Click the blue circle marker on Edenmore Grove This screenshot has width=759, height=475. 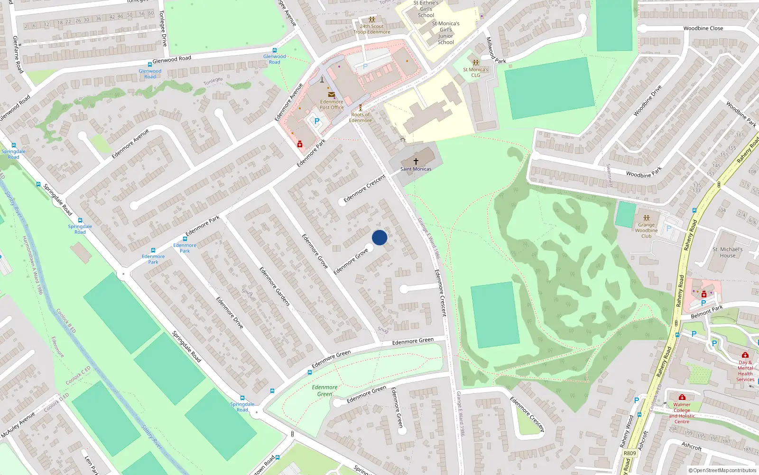pyautogui.click(x=379, y=237)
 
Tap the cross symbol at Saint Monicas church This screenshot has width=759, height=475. pyautogui.click(x=416, y=162)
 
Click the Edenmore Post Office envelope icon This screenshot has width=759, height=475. pyautogui.click(x=332, y=95)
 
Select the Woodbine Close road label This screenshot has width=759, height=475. pyautogui.click(x=703, y=28)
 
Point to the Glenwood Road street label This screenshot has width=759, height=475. pyautogui.click(x=172, y=59)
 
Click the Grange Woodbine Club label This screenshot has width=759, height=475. pyautogui.click(x=646, y=230)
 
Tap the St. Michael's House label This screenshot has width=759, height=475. pyautogui.click(x=728, y=252)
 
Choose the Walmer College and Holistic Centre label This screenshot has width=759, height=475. pyautogui.click(x=682, y=413)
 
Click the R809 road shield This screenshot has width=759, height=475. pyautogui.click(x=630, y=453)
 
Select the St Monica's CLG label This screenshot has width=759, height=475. pyautogui.click(x=476, y=72)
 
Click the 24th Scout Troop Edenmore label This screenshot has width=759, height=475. pyautogui.click(x=372, y=29)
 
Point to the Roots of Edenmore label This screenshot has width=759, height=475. pyautogui.click(x=361, y=117)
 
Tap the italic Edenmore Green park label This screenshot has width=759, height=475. pyautogui.click(x=324, y=390)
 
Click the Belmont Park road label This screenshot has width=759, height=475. pyautogui.click(x=707, y=312)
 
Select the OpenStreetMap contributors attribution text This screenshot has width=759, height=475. pyautogui.click(x=722, y=471)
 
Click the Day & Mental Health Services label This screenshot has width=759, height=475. pyautogui.click(x=745, y=370)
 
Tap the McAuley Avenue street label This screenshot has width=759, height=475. pyautogui.click(x=18, y=425)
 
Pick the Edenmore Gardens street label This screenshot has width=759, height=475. pyautogui.click(x=274, y=286)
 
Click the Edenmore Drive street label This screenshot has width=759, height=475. pyautogui.click(x=230, y=313)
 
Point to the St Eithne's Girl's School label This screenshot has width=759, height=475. pyautogui.click(x=426, y=9)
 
